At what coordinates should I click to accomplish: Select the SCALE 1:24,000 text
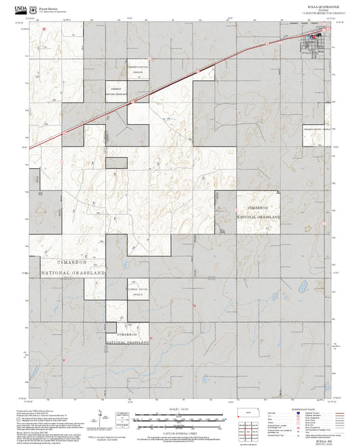[180, 409]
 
